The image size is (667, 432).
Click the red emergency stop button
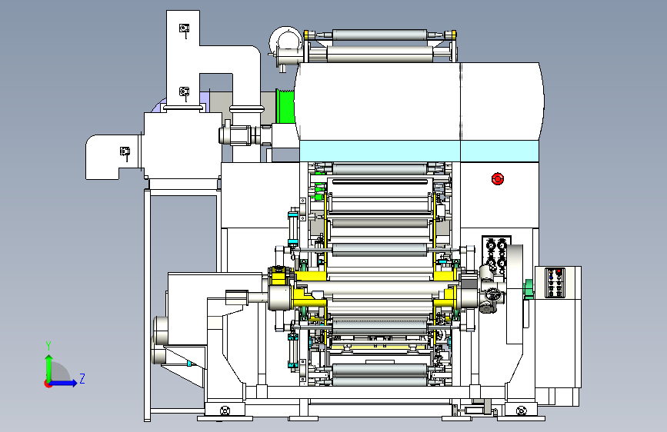pyautogui.click(x=497, y=179)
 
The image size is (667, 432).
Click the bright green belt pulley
pyautogui.click(x=285, y=106)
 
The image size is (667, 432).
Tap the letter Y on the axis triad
pyautogui.click(x=48, y=346)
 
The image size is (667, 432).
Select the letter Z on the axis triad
pyautogui.click(x=82, y=378)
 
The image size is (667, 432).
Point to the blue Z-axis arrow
pyautogui.click(x=64, y=383)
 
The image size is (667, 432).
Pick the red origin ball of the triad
pyautogui.click(x=48, y=384)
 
